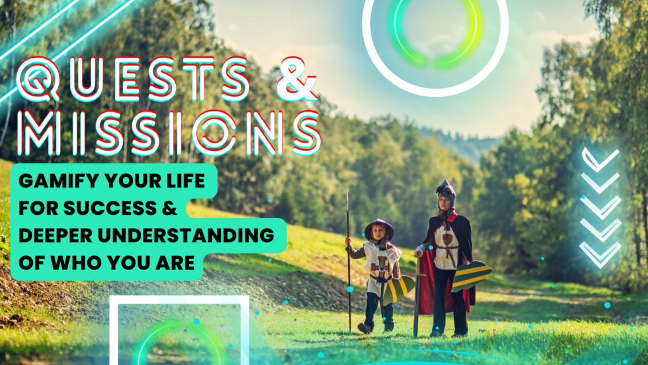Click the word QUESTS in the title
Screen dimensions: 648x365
[x=133, y=79]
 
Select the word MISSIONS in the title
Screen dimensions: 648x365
[x=169, y=133]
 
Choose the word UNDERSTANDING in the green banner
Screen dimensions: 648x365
[x=186, y=236]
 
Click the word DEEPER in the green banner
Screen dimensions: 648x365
[x=56, y=236]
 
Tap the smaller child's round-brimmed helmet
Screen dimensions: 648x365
[x=378, y=227]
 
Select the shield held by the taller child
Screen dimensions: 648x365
[x=471, y=276]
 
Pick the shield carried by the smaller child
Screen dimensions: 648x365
[x=399, y=290]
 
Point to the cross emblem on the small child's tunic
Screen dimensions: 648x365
[x=381, y=267]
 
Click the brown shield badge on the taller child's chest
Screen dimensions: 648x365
[x=447, y=239]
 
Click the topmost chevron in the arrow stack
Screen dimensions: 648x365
[x=601, y=159]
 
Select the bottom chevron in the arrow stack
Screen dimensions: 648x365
[x=600, y=254]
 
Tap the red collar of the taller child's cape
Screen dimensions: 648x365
[x=448, y=218]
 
